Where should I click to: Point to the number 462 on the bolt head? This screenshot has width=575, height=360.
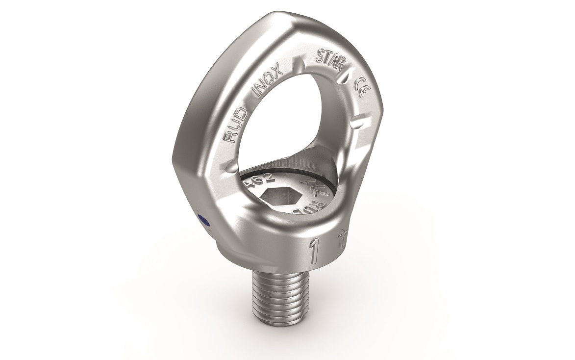click(x=254, y=181)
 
